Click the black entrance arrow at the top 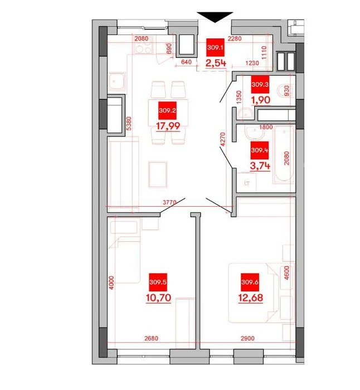215,17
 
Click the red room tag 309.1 215,47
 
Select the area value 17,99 168,126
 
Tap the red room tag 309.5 158,282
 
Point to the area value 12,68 251,298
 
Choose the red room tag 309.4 260,150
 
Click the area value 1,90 260,100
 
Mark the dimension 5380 129,124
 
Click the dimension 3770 169,202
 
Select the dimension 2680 151,338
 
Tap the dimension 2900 247,338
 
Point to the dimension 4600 286,273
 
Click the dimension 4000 111,282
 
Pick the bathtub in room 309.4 284,154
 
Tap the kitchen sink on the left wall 116,81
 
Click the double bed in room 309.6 253,292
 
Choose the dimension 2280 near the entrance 235,38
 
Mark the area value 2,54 216,63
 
